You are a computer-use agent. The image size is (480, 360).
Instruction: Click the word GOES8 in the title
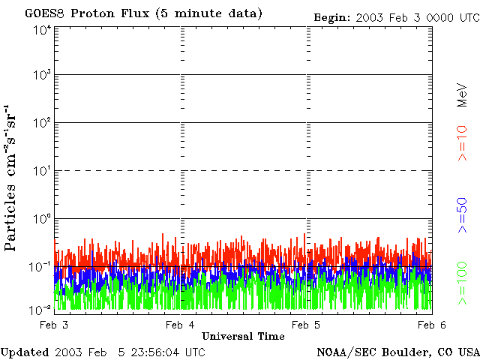[42, 13]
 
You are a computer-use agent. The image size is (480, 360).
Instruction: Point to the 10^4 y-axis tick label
[42, 30]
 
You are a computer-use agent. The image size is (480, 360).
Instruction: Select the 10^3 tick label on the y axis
[42, 75]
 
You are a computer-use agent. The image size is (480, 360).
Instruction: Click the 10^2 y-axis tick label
[42, 123]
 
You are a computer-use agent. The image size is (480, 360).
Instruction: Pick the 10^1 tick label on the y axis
[42, 171]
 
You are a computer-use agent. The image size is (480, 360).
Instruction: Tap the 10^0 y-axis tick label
[42, 219]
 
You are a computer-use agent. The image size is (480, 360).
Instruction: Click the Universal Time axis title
[243, 336]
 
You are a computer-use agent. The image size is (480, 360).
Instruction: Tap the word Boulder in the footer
[402, 352]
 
